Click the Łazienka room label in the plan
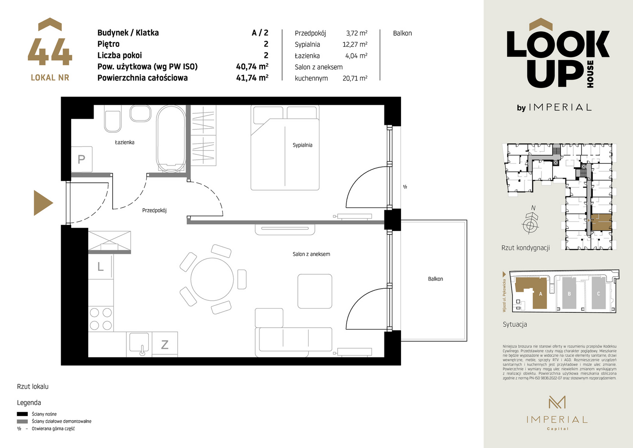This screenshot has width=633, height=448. tap(125, 142)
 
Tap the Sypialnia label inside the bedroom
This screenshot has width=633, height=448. tap(302, 145)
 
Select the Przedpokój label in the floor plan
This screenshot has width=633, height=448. tap(154, 211)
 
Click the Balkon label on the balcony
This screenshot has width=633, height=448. tap(435, 279)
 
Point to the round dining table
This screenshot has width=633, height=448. tap(212, 279)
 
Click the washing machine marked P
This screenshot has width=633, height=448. tap(82, 159)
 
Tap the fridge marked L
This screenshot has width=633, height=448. tap(101, 267)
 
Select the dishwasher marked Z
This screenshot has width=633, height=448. tap(165, 344)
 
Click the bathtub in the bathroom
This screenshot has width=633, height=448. tap(171, 139)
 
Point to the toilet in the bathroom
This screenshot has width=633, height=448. tap(113, 119)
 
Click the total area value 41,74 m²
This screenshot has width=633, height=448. tap(252, 78)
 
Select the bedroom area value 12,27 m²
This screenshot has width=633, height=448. tap(355, 44)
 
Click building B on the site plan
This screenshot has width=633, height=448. tap(569, 293)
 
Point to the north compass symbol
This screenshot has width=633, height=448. tap(530, 222)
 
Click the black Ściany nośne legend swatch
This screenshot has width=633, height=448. tap(22, 414)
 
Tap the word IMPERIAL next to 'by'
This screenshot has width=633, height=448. tap(560, 107)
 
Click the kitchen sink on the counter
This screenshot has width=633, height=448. tap(139, 343)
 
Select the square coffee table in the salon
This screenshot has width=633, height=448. tap(315, 291)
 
